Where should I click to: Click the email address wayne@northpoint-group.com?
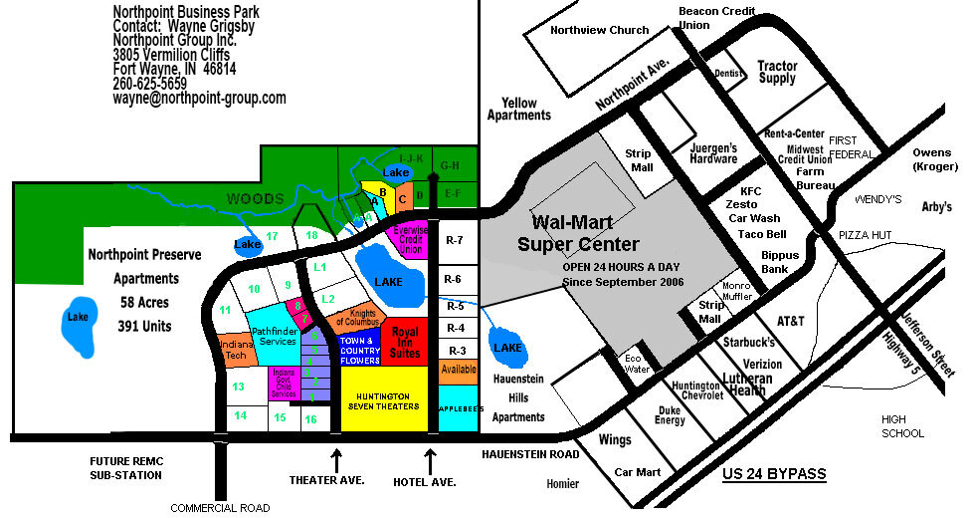coord(199,99)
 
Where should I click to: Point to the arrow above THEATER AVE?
coord(336,460)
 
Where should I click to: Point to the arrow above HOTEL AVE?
coord(431,460)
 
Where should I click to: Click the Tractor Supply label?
coord(777,72)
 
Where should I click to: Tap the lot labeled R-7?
coord(455,240)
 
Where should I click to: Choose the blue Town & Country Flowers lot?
coord(360,350)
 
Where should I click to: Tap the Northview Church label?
coord(601,31)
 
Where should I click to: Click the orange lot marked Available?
coord(459,370)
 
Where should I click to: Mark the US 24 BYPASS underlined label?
coord(774,474)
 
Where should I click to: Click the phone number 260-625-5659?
coord(149,84)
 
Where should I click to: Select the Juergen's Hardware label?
coord(713,152)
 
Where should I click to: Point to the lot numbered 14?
coord(240,415)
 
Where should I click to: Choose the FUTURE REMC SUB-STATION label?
coord(126,468)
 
